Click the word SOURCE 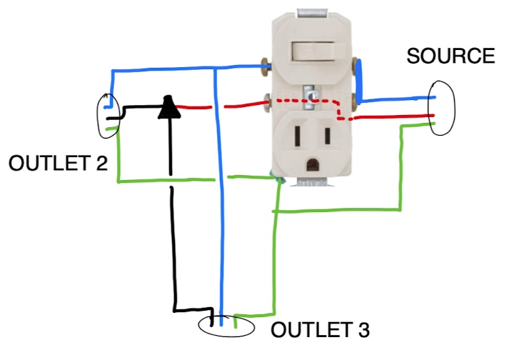(450, 56)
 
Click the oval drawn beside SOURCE (441, 107)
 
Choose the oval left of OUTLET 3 (226, 326)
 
